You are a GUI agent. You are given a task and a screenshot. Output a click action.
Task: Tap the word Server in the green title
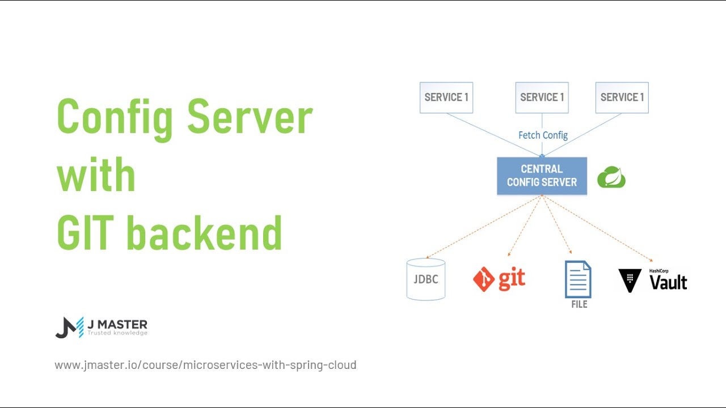coord(250,117)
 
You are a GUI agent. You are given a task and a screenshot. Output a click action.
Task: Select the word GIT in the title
coord(86,232)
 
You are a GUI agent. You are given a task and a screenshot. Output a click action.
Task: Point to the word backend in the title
coord(204,232)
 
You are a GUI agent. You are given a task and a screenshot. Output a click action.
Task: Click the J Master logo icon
coord(69,328)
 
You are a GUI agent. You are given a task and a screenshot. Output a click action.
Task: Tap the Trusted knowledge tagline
coord(117,333)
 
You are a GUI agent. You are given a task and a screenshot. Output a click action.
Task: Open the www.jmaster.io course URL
coord(205,365)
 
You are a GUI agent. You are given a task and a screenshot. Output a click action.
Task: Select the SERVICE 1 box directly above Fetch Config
coord(542,97)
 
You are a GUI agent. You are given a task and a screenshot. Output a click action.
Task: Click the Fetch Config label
coord(543,135)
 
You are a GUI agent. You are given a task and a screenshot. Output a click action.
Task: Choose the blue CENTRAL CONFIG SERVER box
coord(542,176)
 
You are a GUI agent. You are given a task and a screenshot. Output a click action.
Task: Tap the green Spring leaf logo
coord(611,177)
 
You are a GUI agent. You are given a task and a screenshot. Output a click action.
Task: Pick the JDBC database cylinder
coord(426,279)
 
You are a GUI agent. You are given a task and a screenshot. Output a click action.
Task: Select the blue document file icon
coord(578,279)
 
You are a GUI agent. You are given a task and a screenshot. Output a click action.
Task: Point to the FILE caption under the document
coord(579,304)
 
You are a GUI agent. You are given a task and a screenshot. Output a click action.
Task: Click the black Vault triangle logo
coord(630,280)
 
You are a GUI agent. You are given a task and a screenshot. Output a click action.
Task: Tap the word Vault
coord(668,282)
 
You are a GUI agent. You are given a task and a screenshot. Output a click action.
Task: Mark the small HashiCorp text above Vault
coord(659,271)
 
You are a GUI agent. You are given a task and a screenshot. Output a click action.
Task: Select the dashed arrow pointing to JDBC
coord(482,227)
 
